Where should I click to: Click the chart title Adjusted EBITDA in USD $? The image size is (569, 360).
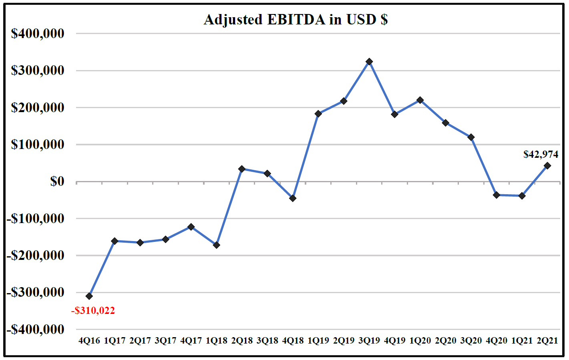tap(296, 19)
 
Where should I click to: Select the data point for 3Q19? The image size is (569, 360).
tap(369, 62)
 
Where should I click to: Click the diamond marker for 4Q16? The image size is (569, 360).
tap(89, 296)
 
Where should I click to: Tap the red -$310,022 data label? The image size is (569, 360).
tap(93, 310)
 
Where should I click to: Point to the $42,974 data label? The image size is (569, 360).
tap(540, 154)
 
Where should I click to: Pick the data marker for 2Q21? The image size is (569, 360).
tap(547, 166)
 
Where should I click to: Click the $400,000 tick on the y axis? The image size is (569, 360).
tap(38, 34)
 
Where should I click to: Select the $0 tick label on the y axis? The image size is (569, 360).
tap(57, 181)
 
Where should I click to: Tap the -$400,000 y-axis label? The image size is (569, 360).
tap(35, 329)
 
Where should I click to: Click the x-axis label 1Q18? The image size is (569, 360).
tap(216, 340)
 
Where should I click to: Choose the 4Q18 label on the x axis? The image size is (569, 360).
tap(293, 340)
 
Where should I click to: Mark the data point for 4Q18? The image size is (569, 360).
tap(293, 198)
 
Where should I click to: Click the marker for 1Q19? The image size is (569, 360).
tap(318, 114)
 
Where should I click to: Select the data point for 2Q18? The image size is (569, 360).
tap(242, 169)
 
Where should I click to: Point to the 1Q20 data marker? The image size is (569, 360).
tap(420, 100)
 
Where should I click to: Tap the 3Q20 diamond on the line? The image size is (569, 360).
tap(471, 137)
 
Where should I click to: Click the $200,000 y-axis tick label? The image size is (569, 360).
tap(38, 107)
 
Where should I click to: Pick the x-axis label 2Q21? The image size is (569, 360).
tap(547, 340)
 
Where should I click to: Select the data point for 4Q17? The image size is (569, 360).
tap(191, 227)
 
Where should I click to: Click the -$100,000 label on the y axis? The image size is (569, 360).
tap(35, 218)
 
